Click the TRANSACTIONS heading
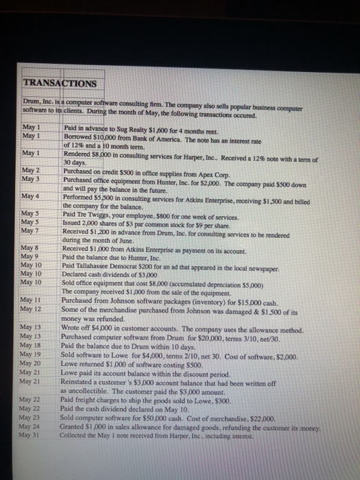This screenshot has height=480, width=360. pyautogui.click(x=60, y=84)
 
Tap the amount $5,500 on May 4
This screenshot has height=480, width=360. pyautogui.click(x=104, y=197)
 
